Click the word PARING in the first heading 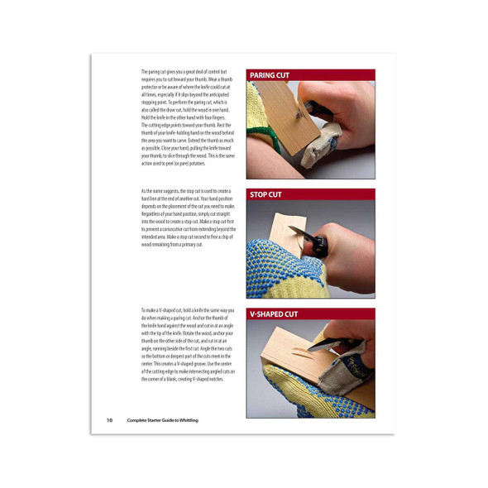click(264, 74)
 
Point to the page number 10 click(109, 420)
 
